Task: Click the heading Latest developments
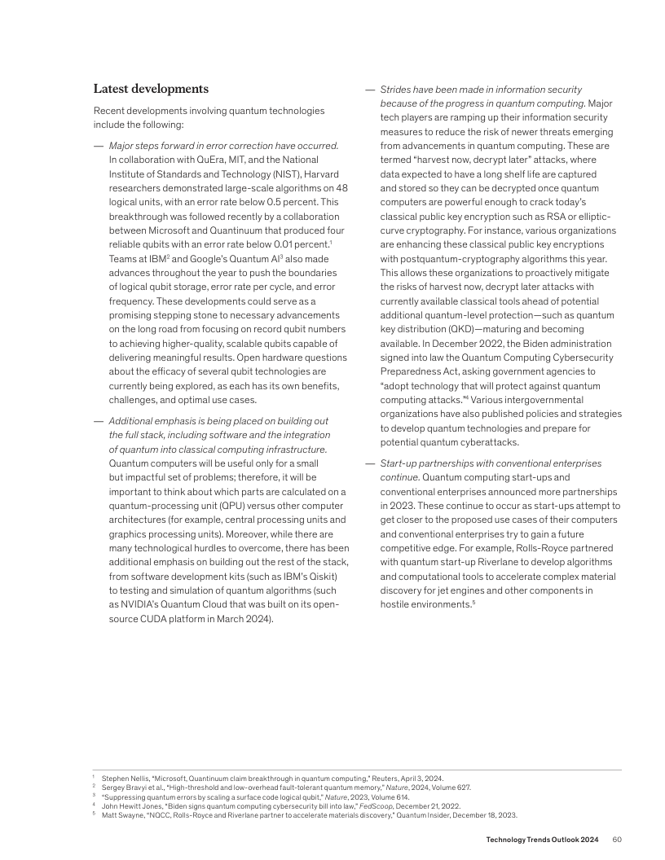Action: click(151, 89)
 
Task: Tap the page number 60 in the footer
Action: click(617, 840)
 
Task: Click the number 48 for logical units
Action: click(341, 187)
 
